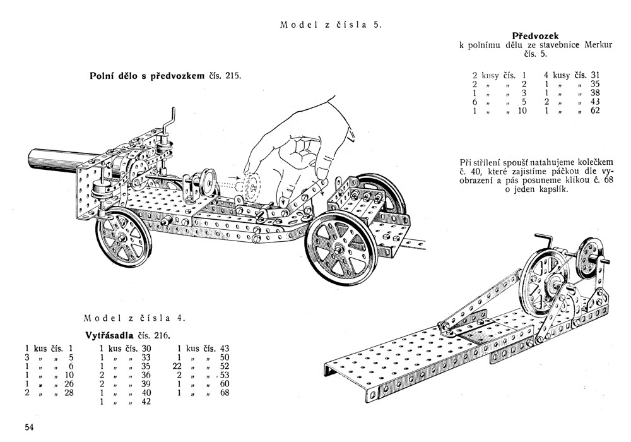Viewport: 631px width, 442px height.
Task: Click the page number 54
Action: click(x=29, y=427)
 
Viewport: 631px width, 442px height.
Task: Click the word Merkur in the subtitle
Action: click(x=582, y=45)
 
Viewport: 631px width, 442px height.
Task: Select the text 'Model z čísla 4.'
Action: click(x=134, y=318)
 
